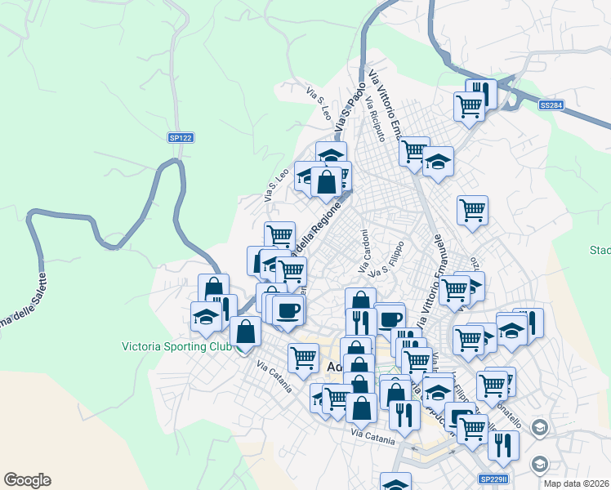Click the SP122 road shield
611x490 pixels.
181,138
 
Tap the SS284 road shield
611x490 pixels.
551,105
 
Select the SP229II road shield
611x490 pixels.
493,479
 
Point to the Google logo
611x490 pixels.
27,480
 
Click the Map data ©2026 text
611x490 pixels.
577,483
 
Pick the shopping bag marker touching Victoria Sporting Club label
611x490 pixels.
245,332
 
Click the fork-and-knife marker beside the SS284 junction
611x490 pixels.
483,93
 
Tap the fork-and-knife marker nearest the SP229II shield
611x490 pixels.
503,444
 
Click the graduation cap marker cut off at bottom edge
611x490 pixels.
396,482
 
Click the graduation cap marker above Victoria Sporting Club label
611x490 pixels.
206,316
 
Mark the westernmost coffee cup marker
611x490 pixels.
288,310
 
